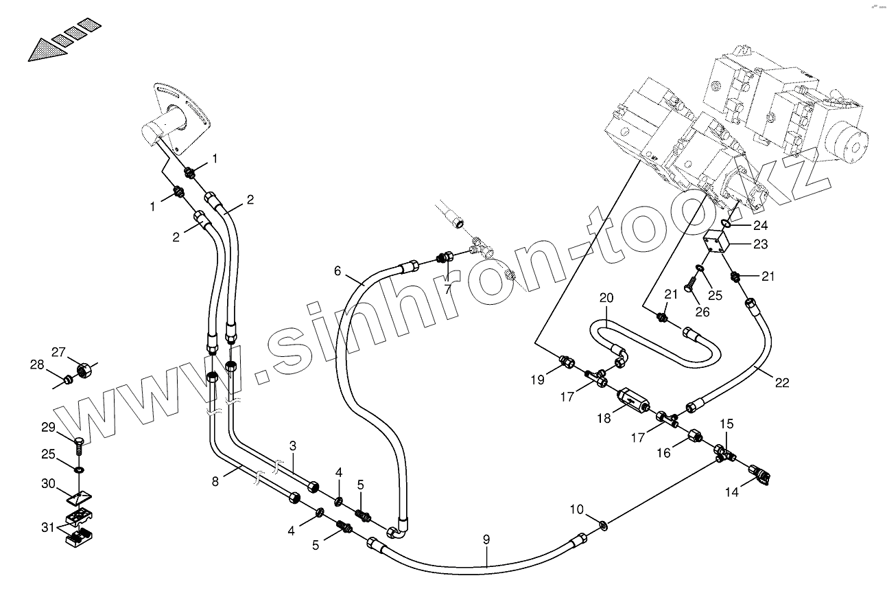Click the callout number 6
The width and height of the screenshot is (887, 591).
tap(338, 271)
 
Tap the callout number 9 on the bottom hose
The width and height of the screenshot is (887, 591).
tap(486, 540)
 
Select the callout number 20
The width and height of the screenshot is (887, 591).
tap(606, 299)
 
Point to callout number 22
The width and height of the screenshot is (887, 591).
tap(783, 383)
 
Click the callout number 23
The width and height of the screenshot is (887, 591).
tap(760, 244)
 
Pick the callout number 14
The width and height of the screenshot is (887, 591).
tap(733, 491)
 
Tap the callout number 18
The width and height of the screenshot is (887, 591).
tap(604, 417)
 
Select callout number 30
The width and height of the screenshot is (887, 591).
tap(48, 483)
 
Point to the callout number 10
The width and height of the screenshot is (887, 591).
tap(577, 509)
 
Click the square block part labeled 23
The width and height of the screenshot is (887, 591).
tap(715, 244)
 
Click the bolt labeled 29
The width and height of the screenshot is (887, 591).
tap(78, 443)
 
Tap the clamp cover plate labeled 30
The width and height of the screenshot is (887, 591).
tap(81, 496)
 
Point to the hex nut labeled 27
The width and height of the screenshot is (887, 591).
tap(84, 371)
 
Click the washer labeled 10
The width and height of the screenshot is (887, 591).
tap(602, 526)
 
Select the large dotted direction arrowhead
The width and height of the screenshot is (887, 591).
tap(47, 51)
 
